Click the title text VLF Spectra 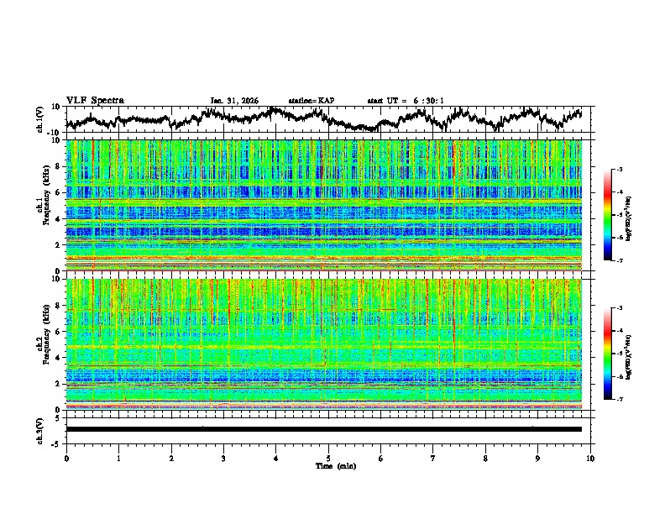[95, 100]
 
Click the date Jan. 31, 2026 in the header [234, 101]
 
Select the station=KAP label [312, 101]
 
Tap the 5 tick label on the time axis [328, 458]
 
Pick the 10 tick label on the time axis [590, 458]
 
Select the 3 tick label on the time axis [223, 458]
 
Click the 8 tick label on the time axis [485, 458]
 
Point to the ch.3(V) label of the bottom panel [40, 429]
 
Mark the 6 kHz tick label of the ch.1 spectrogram [58, 192]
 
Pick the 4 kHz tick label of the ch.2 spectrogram [58, 358]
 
